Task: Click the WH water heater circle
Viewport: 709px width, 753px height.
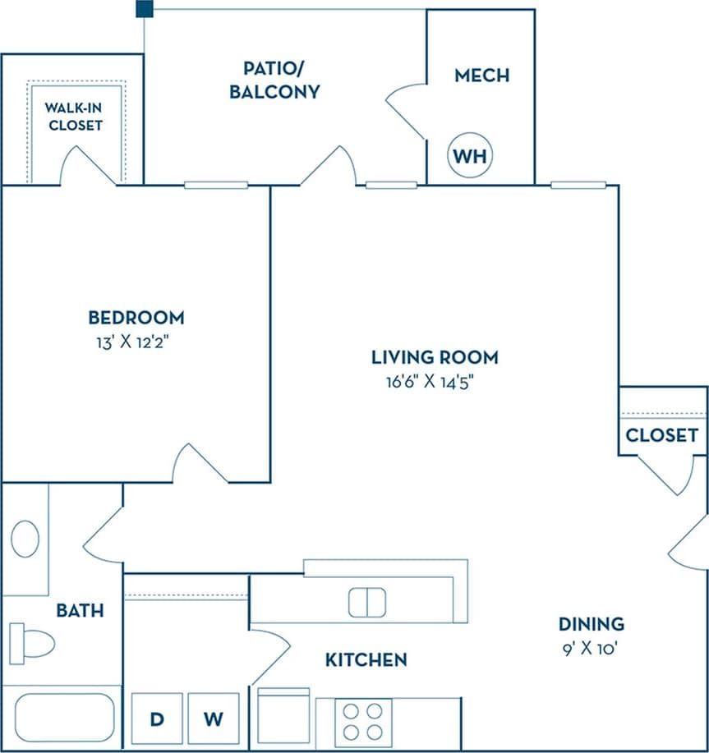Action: click(x=470, y=155)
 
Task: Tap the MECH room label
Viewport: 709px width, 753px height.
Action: click(x=481, y=76)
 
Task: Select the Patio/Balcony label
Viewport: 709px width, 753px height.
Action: click(x=274, y=80)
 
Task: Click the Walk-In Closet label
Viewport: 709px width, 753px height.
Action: click(x=75, y=116)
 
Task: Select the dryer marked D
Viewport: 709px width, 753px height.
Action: click(x=156, y=719)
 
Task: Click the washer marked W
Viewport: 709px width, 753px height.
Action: click(x=213, y=719)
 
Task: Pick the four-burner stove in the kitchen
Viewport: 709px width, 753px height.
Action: click(x=363, y=721)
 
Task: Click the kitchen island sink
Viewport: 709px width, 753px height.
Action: click(x=366, y=602)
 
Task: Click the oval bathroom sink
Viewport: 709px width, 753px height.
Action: click(x=25, y=539)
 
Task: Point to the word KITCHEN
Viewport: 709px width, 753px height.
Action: click(x=366, y=659)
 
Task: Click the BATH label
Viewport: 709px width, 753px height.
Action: click(x=80, y=610)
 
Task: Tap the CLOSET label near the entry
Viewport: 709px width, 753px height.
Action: click(x=661, y=435)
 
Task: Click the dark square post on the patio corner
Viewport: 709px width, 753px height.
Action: click(x=145, y=9)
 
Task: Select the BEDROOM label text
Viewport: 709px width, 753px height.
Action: click(x=136, y=317)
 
